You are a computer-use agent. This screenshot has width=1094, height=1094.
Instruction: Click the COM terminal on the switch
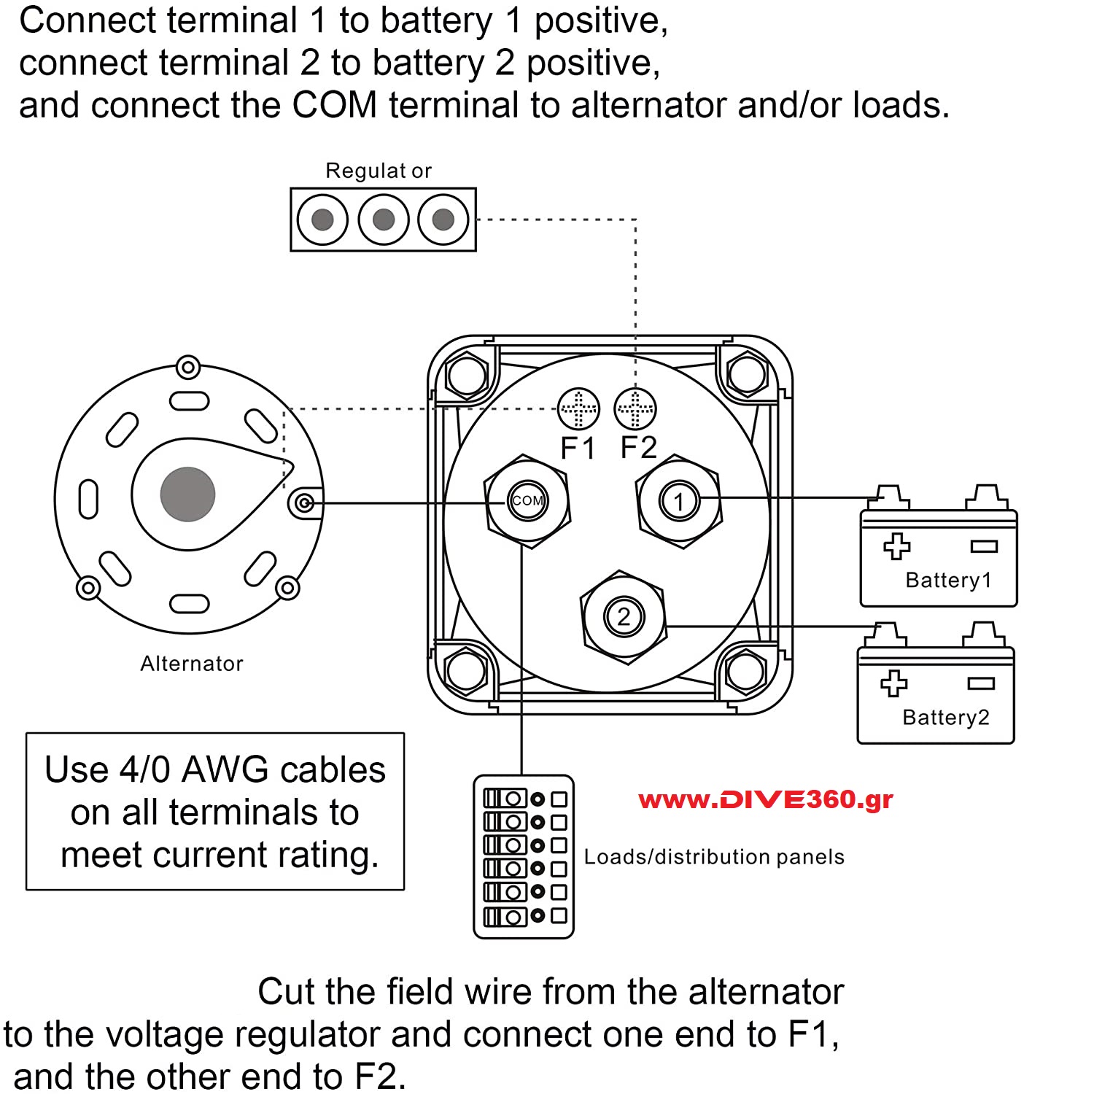[x=527, y=500]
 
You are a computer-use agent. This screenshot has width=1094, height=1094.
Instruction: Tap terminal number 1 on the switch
[x=679, y=502]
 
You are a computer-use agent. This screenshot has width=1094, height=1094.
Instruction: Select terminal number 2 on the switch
[x=623, y=617]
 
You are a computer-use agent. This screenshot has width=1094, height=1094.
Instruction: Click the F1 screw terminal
[x=578, y=408]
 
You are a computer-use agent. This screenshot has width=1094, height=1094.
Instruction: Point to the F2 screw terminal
[x=635, y=408]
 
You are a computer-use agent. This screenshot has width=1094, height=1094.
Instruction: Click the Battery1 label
[x=948, y=581]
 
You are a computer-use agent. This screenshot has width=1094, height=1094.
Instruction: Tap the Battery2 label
[x=946, y=718]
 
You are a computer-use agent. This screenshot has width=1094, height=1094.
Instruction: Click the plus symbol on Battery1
[x=897, y=546]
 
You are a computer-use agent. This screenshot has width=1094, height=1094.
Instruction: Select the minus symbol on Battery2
[x=981, y=683]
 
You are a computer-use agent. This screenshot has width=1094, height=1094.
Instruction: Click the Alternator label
[x=192, y=664]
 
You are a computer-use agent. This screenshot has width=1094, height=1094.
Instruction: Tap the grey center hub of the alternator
[x=187, y=494]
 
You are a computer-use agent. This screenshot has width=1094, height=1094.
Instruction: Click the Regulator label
[x=379, y=171]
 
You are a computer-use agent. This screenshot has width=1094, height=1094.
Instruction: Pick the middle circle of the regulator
[x=384, y=220]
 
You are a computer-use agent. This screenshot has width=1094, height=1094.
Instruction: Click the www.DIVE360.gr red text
[x=766, y=800]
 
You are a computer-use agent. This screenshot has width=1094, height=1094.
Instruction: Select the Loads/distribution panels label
[x=714, y=857]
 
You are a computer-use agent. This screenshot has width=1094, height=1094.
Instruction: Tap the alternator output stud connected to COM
[x=306, y=503]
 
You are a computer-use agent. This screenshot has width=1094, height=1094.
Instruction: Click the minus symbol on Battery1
[x=984, y=546]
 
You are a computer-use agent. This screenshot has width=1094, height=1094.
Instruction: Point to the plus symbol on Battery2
[x=894, y=683]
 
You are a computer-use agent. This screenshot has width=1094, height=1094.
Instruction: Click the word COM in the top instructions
[x=334, y=105]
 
